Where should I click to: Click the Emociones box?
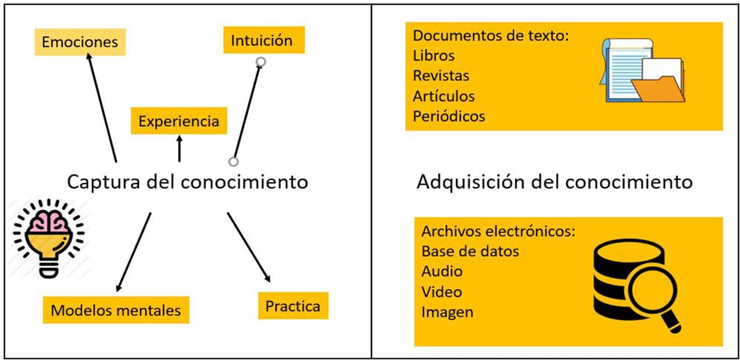[x=80, y=42]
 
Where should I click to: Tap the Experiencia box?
[x=178, y=122]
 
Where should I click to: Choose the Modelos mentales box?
[x=116, y=310]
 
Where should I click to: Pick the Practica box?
[x=293, y=306]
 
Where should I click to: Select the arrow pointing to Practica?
[x=249, y=247]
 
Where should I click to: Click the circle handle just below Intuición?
[x=261, y=62]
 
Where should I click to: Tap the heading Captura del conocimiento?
[x=187, y=182]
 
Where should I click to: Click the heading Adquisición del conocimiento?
[x=555, y=182]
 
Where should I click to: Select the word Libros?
[x=434, y=56]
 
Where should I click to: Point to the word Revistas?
[x=441, y=76]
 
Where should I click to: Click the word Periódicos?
[x=449, y=116]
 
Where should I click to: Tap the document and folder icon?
[x=642, y=71]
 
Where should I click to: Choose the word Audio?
[x=442, y=271]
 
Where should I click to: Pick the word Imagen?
[x=447, y=312]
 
